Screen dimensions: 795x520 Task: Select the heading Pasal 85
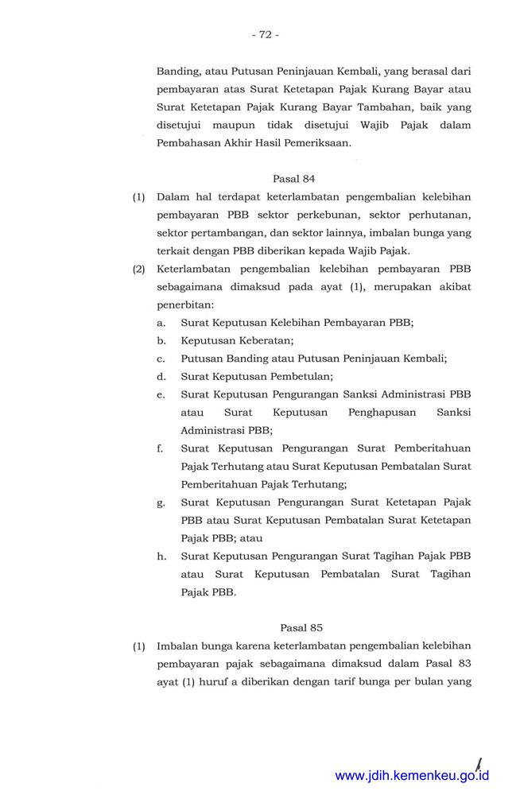[x=293, y=627]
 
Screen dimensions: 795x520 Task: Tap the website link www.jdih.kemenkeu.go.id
[x=411, y=776]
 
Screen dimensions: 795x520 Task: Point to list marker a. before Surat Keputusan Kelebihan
[x=161, y=323]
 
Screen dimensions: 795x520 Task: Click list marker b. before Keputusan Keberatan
[x=161, y=340]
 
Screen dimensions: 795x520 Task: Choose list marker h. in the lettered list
[x=161, y=556]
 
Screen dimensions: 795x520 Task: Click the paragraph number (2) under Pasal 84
[x=139, y=269]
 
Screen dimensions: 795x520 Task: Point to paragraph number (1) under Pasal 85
[x=139, y=646]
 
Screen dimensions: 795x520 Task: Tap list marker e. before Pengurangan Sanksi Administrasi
[x=161, y=394]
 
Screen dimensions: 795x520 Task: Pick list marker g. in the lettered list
[x=161, y=502]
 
